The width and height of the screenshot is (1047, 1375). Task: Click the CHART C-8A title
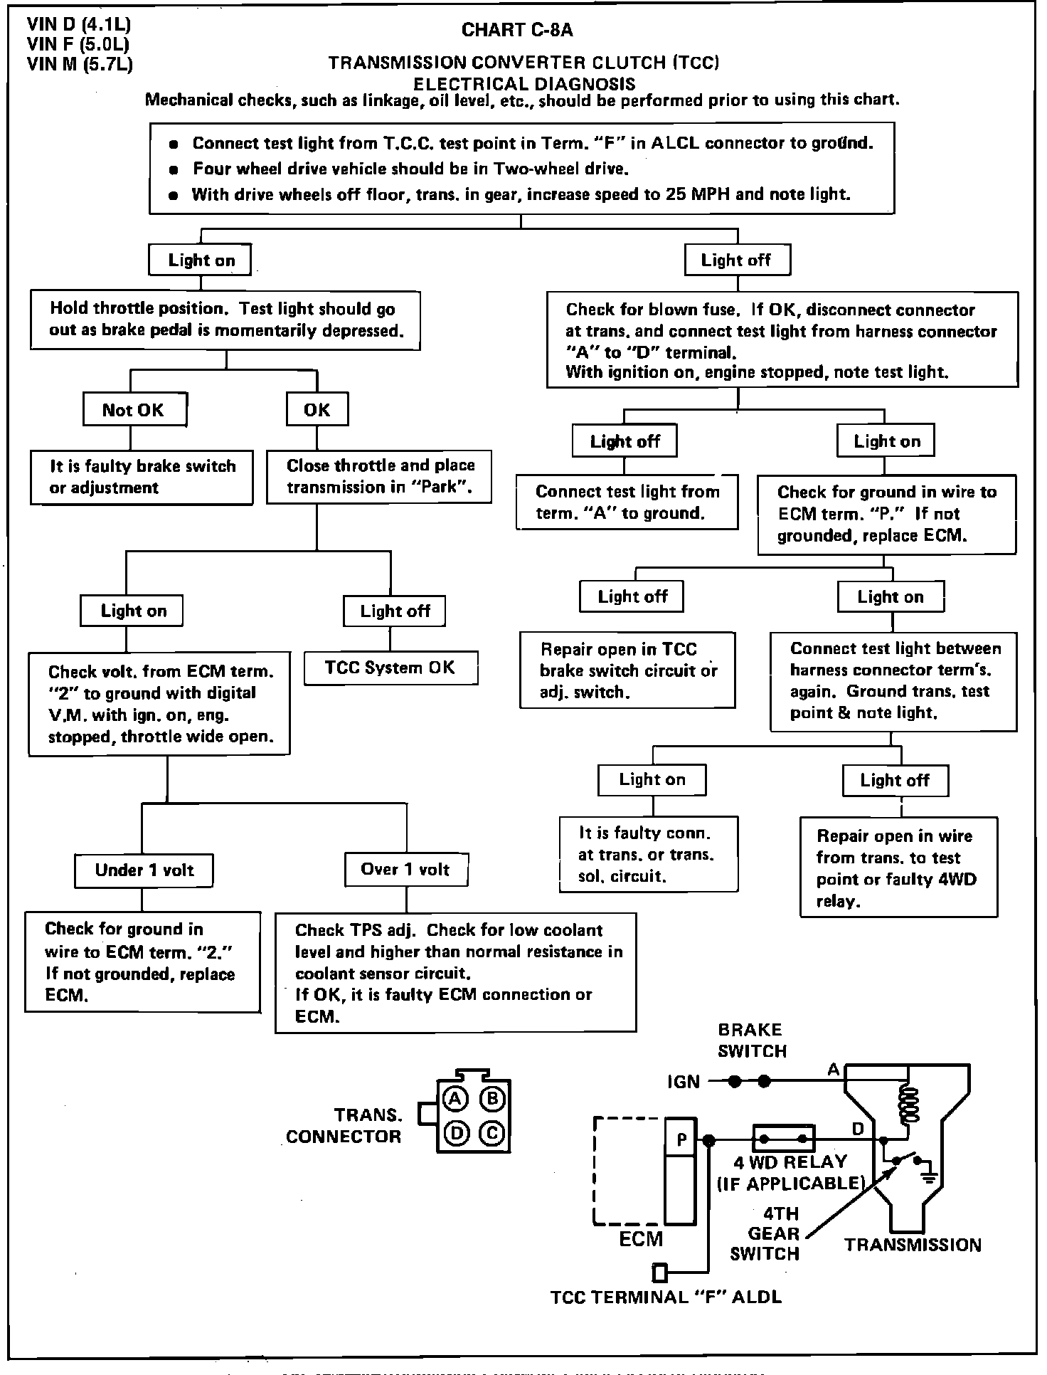point(517,30)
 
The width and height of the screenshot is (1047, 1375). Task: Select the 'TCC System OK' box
point(390,668)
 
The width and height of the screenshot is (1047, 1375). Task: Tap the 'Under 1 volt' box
point(144,870)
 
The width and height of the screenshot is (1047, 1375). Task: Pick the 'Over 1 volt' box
point(405,870)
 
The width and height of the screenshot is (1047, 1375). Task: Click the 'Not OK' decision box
point(134,410)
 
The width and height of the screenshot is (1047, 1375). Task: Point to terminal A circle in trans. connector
point(455,1100)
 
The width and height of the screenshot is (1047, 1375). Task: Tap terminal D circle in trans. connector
point(455,1132)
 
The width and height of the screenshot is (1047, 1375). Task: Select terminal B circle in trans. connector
point(492,1100)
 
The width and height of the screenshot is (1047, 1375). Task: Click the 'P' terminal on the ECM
point(681,1140)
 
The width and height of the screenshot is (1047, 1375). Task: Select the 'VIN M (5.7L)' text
point(80,65)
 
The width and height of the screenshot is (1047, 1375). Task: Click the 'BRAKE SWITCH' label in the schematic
point(751,1041)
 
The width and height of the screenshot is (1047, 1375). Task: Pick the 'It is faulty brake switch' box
point(142,478)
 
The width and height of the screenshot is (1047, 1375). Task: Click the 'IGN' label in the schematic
point(683,1082)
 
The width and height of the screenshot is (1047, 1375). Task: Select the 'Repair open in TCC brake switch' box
point(627,670)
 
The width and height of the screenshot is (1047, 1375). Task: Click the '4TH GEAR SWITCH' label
point(767,1233)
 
